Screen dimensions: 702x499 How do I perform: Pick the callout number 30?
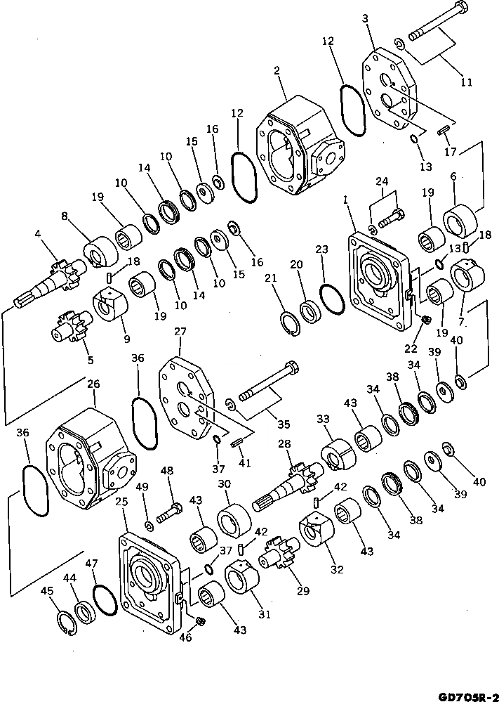[x=225, y=484]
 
